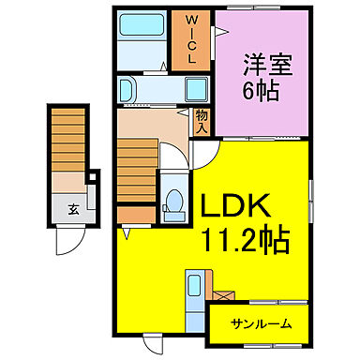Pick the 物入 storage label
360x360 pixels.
tap(202, 120)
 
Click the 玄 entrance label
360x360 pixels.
tap(72, 210)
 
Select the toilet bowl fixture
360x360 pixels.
tap(173, 202)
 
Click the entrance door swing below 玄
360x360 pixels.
tap(67, 242)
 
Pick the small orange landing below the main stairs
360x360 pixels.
tap(135, 213)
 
